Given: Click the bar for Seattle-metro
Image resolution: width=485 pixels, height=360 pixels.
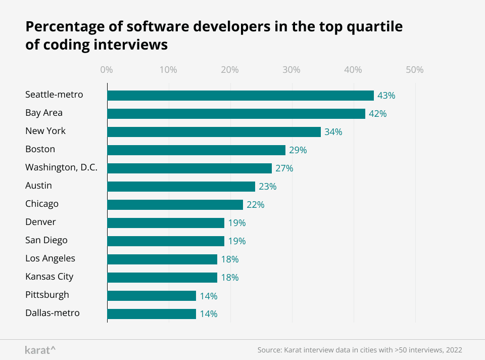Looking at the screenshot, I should pyautogui.click(x=240, y=96).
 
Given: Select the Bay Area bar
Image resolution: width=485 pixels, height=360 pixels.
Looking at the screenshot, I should pyautogui.click(x=236, y=114).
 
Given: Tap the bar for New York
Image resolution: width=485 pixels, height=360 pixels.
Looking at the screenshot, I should pyautogui.click(x=214, y=132).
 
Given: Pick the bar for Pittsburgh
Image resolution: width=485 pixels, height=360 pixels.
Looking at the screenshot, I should pyautogui.click(x=152, y=296).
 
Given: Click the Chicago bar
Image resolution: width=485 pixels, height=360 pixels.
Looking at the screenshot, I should pyautogui.click(x=175, y=205).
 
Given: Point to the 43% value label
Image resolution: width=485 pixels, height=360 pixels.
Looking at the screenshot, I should pyautogui.click(x=386, y=96).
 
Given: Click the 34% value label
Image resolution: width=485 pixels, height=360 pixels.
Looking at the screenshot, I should pyautogui.click(x=333, y=132).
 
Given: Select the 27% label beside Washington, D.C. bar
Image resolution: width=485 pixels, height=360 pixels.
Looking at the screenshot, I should pyautogui.click(x=284, y=168).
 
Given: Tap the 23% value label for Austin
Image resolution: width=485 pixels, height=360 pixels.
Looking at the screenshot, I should pyautogui.click(x=268, y=187).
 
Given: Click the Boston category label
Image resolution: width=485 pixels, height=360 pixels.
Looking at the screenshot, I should pyautogui.click(x=40, y=149).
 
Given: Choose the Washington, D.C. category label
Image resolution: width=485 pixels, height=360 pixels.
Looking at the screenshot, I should pyautogui.click(x=61, y=168).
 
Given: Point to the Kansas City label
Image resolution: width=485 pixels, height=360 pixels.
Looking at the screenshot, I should pyautogui.click(x=49, y=277).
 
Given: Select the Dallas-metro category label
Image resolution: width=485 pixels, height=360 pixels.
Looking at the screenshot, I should pyautogui.click(x=53, y=313).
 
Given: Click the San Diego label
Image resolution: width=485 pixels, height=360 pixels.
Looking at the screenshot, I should pyautogui.click(x=46, y=240).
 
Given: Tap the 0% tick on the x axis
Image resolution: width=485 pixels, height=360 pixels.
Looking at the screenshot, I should pyautogui.click(x=107, y=70).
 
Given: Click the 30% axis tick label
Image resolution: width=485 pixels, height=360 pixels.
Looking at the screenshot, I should pyautogui.click(x=292, y=70).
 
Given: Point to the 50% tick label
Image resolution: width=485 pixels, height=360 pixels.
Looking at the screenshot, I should pyautogui.click(x=415, y=70).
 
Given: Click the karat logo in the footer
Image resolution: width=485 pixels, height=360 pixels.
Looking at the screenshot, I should pyautogui.click(x=40, y=350).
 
